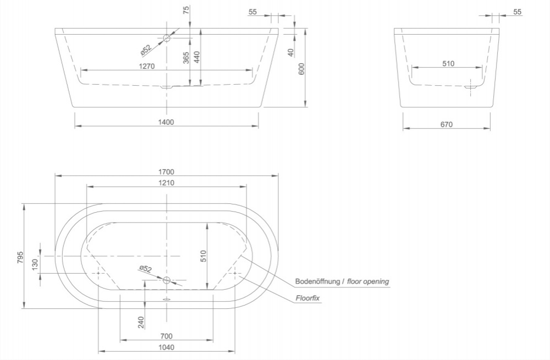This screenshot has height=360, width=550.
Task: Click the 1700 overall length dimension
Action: (x=166, y=171)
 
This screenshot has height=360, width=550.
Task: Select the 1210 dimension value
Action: (x=166, y=183)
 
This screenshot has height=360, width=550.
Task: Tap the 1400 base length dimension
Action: (x=166, y=123)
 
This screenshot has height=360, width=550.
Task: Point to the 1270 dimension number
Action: (x=147, y=66)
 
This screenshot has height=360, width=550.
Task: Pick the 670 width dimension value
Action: (x=446, y=125)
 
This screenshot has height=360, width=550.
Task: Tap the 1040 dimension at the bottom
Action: (x=166, y=347)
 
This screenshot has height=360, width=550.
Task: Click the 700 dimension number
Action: (x=166, y=336)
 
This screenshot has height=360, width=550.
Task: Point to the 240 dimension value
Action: (x=141, y=322)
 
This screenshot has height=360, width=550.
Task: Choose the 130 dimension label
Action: (x=36, y=265)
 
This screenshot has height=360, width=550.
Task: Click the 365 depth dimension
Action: (x=186, y=58)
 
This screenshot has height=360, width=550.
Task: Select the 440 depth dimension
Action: (x=197, y=58)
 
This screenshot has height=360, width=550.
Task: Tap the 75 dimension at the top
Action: (x=186, y=10)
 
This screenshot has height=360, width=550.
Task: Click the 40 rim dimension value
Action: (x=290, y=52)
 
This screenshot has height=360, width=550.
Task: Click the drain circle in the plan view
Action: (x=167, y=280)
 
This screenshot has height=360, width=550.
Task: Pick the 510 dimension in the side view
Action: (x=448, y=64)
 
